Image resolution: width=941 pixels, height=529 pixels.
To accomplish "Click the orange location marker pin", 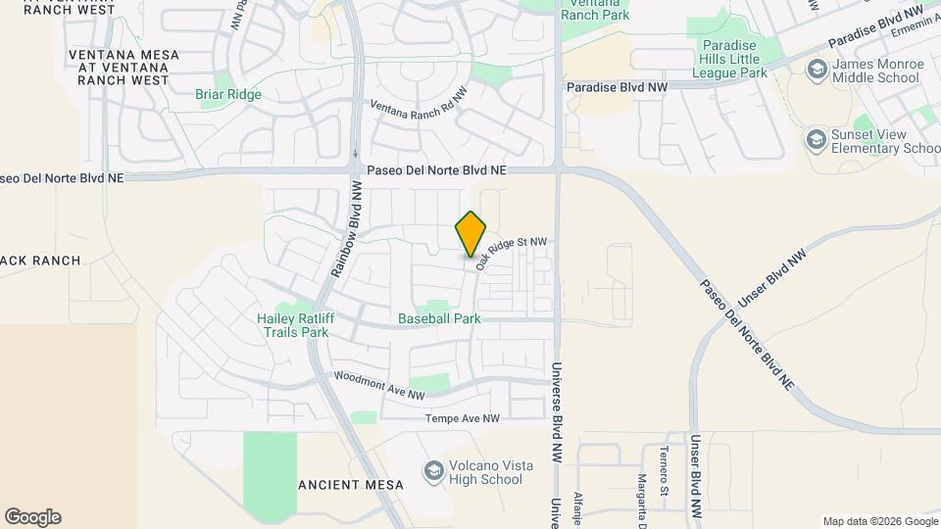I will point(470,233).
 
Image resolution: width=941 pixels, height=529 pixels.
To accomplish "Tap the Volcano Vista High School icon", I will point(432,472).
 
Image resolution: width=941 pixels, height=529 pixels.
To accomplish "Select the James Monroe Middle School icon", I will point(816,70).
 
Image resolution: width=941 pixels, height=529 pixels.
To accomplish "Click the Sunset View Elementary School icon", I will point(816,141).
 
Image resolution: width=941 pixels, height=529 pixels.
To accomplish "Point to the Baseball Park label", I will point(439,318).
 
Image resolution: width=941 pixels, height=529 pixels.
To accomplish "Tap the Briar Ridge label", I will point(228,94).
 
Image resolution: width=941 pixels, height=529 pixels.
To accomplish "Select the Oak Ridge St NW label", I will point(510,253).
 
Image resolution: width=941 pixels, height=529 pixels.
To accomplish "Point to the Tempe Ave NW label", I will point(462,418).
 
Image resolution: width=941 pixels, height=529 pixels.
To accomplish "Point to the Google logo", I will point(32,517).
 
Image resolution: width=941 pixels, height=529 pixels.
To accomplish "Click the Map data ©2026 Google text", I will point(878,521).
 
